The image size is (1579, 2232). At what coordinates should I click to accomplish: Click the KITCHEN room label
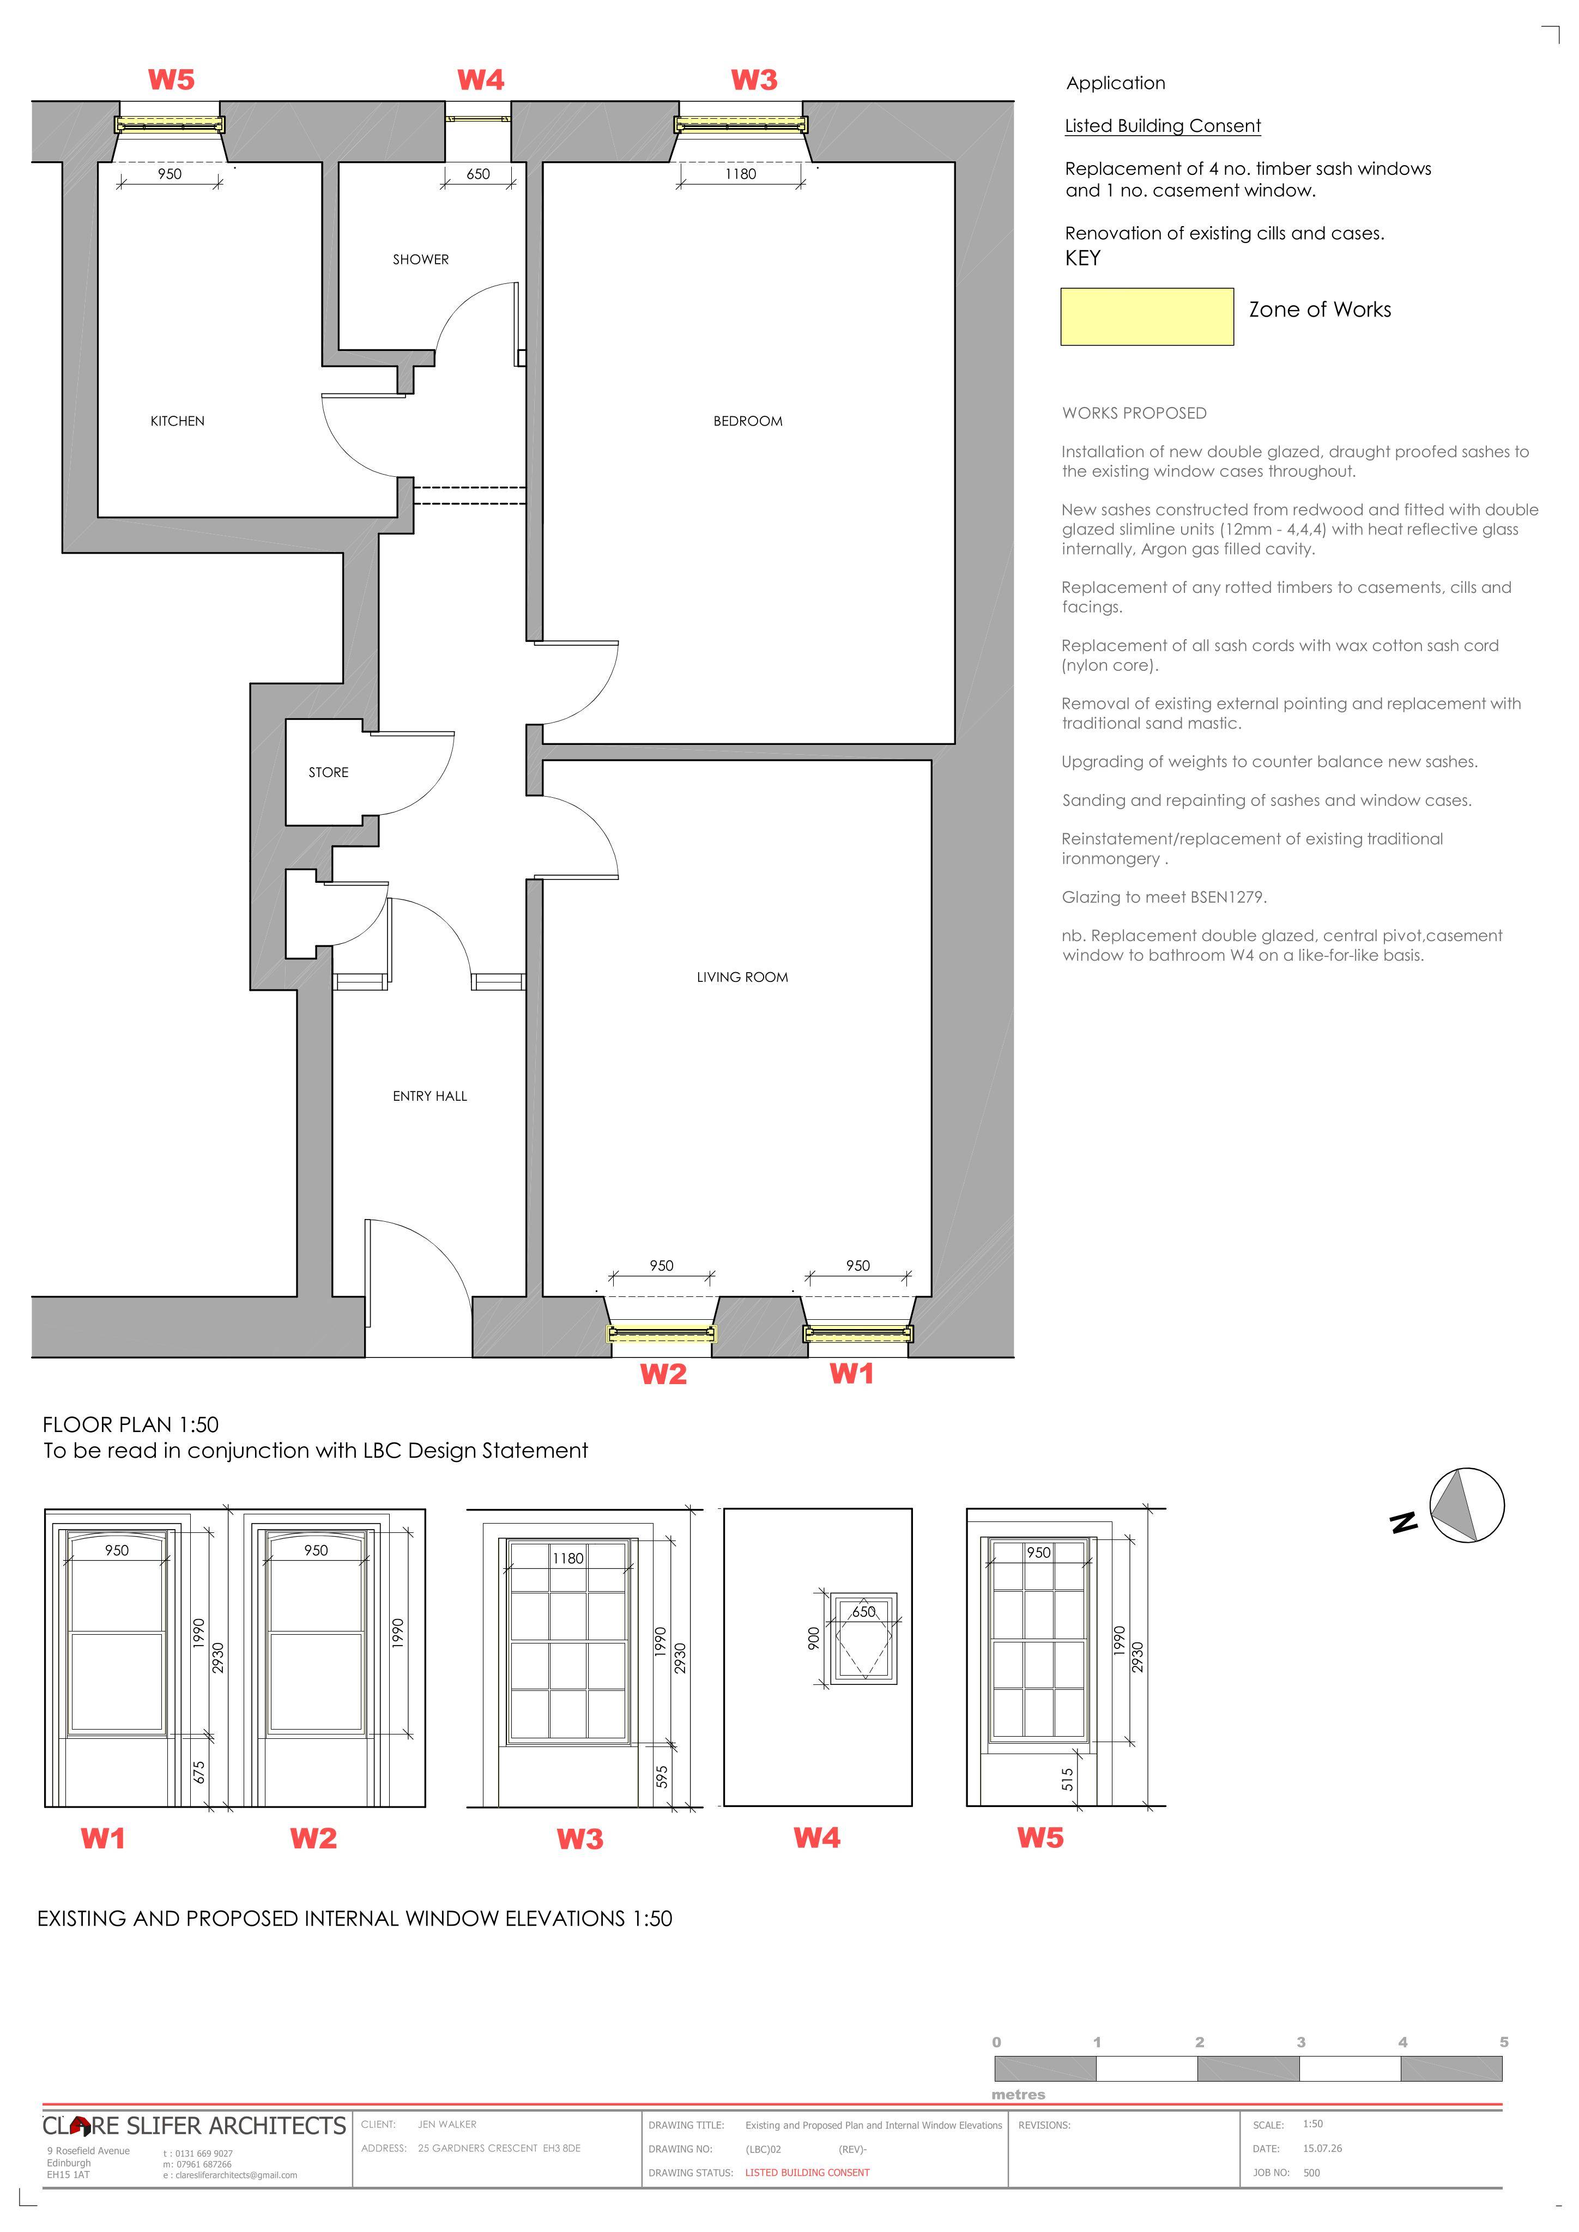(177, 421)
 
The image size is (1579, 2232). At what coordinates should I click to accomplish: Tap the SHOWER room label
(421, 259)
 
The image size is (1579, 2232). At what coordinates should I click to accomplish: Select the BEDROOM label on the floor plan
(748, 421)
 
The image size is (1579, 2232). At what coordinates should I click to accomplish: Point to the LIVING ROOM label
(742, 977)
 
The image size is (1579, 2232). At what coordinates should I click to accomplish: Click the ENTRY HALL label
(429, 1096)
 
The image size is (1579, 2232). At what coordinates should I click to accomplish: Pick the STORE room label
(329, 772)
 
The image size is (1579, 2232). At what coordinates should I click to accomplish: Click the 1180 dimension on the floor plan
(740, 174)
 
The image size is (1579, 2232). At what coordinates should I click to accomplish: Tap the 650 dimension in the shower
(479, 174)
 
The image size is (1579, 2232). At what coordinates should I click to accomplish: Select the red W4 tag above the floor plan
(481, 80)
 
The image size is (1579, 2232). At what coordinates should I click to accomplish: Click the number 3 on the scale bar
(1301, 2041)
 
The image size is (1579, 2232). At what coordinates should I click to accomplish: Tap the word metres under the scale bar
(1018, 2095)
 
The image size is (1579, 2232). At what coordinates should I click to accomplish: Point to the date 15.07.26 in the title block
(1322, 2149)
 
